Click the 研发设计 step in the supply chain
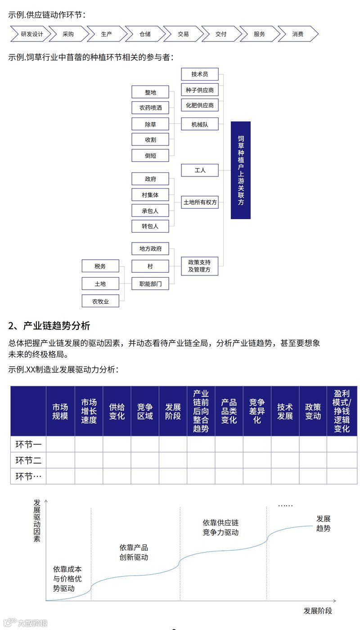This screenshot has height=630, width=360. pos(32,34)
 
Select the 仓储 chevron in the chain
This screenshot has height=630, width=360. pos(145,34)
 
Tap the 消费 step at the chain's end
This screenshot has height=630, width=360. pos(297,34)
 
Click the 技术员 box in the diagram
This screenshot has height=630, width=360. pos(199,74)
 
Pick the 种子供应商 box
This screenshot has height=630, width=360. pos(199,90)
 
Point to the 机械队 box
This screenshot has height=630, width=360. pos(199,124)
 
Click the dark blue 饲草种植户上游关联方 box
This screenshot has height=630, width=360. pos(241,170)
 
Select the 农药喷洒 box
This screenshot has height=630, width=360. pos(150,108)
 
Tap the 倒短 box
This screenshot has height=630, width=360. pos(150,155)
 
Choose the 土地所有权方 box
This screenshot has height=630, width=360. pos(199,202)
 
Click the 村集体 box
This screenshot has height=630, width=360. pos(150,194)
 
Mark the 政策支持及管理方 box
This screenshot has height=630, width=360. pos(199,265)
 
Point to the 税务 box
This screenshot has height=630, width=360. pos(100,266)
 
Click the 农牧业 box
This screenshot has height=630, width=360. pos(100,301)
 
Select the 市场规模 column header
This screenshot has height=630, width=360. pos(60,411)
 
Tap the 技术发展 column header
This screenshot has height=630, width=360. pos(285,411)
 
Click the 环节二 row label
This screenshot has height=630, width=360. pos(28,460)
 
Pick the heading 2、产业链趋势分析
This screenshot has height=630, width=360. pos(49,325)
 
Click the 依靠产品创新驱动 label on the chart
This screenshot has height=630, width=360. pos(134,552)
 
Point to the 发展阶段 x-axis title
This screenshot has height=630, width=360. pos(318,611)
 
